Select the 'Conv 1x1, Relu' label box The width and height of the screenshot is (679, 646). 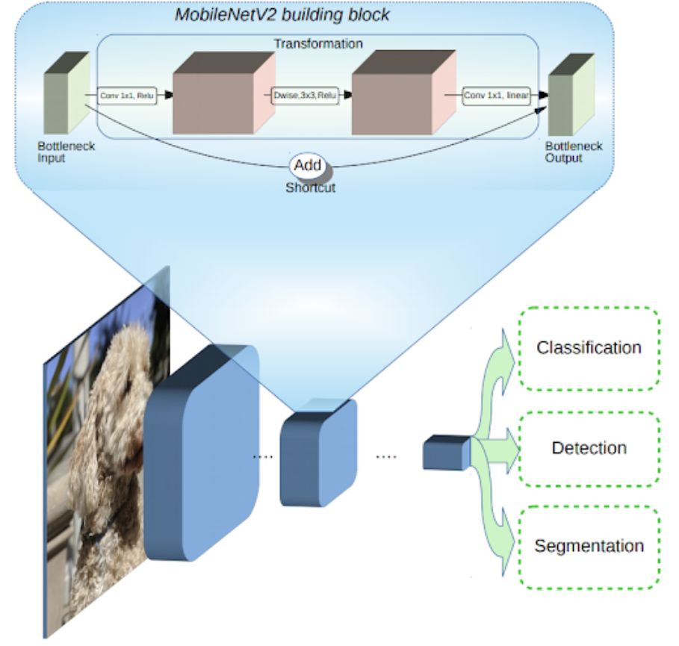(128, 96)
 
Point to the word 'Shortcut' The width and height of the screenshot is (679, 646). (310, 187)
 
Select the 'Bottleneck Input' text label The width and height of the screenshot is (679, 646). (66, 152)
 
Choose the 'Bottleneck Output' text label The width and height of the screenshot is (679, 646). (573, 152)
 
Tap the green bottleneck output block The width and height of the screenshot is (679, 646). (571, 96)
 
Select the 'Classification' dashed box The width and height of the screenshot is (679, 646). (589, 347)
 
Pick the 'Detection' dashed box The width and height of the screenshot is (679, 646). (589, 448)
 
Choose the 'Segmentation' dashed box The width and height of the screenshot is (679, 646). (589, 545)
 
